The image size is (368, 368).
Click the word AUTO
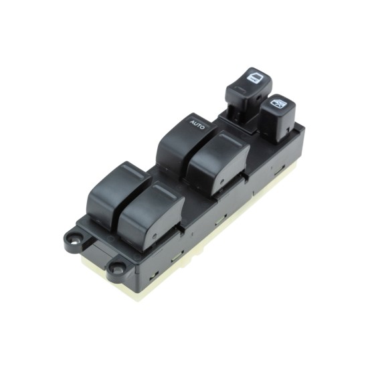pyautogui.click(x=197, y=125)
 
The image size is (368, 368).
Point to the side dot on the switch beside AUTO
pyautogui.click(x=221, y=181)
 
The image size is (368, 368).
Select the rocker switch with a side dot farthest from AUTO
pyautogui.click(x=151, y=216)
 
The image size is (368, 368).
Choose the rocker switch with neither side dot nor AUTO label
pyautogui.click(x=118, y=195)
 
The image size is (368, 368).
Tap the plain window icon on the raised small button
pyautogui.click(x=254, y=78)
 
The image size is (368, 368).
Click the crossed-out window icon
pyautogui.click(x=278, y=103)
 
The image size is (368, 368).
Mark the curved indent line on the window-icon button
pyautogui.click(x=240, y=90)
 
